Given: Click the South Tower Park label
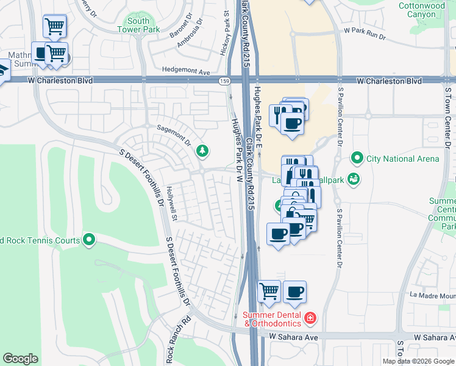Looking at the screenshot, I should (x=138, y=25).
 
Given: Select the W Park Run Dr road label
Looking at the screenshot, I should (x=365, y=33).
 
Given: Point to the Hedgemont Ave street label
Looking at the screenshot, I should (x=186, y=71).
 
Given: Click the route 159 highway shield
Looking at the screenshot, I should (x=224, y=80).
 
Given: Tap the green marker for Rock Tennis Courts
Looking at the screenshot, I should (x=90, y=240).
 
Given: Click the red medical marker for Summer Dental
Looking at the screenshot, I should (x=310, y=318).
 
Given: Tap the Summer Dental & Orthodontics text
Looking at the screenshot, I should (x=273, y=319).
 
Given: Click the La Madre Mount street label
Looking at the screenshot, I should (x=433, y=296).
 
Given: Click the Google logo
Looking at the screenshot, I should (x=20, y=359).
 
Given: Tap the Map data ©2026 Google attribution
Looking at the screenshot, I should (x=418, y=361).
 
